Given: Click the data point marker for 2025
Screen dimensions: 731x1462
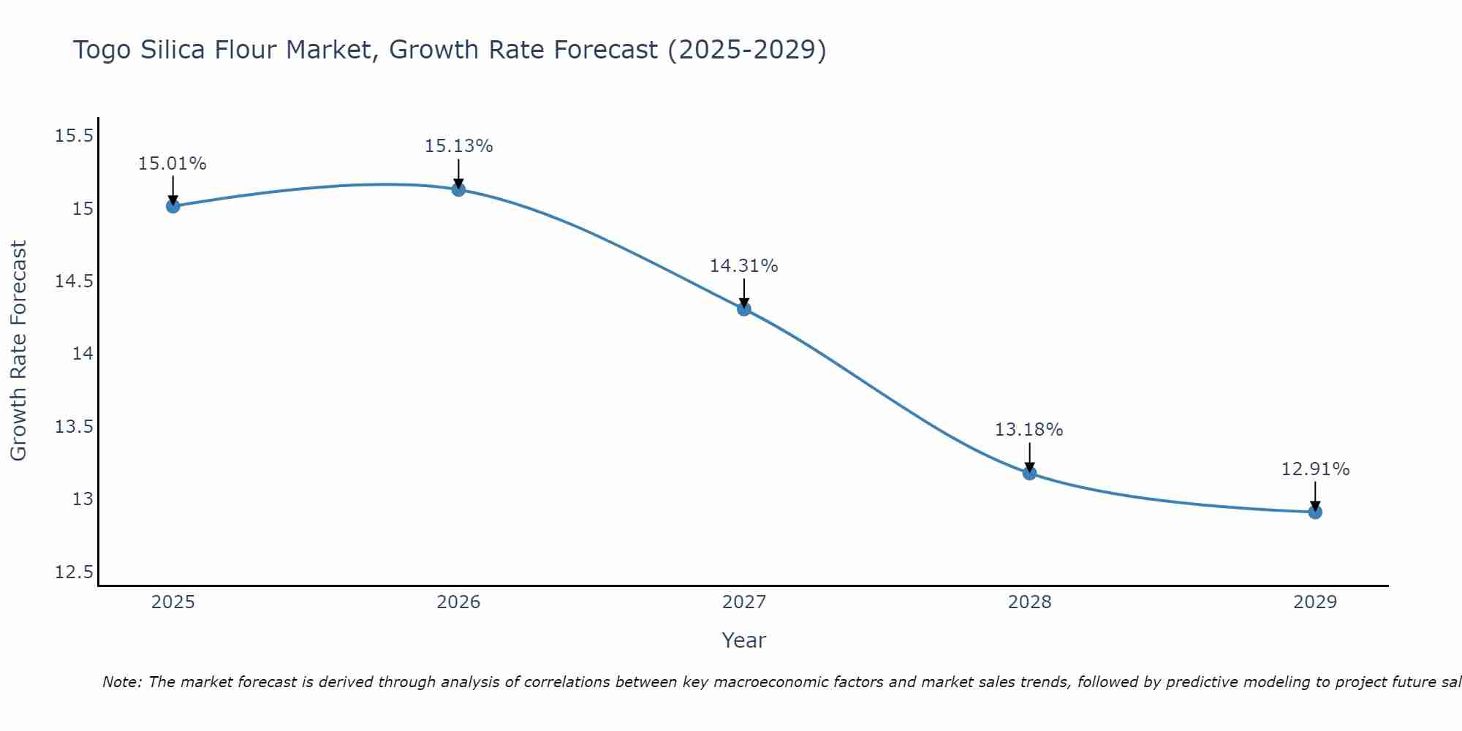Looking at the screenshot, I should tap(173, 206).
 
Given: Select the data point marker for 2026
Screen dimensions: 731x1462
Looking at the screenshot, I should tap(458, 189).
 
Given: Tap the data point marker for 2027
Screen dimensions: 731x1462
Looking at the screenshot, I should tap(744, 308).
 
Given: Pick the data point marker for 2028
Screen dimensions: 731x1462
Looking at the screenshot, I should tap(1029, 473).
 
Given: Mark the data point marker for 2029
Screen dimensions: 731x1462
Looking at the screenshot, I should tap(1315, 512).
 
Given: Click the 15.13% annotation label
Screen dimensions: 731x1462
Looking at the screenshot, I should tap(458, 146).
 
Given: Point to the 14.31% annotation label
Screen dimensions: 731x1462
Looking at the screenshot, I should tap(743, 266).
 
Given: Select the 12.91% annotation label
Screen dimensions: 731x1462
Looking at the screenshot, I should tap(1315, 469).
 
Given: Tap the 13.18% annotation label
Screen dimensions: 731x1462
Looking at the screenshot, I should tap(1029, 430).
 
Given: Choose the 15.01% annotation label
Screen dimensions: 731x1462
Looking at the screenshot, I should tap(173, 164).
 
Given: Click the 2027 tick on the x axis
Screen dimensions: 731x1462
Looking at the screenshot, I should tap(744, 602).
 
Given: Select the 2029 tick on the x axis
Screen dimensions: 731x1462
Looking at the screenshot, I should tap(1315, 602).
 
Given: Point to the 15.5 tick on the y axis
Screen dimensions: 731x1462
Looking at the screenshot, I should tap(74, 136).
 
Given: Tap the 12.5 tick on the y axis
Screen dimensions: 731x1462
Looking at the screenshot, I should tap(74, 572).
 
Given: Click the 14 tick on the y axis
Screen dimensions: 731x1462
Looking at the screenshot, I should tap(83, 354).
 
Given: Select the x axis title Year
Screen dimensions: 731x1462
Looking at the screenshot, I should tap(743, 640).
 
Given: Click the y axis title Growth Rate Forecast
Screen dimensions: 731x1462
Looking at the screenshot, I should tap(18, 351).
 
